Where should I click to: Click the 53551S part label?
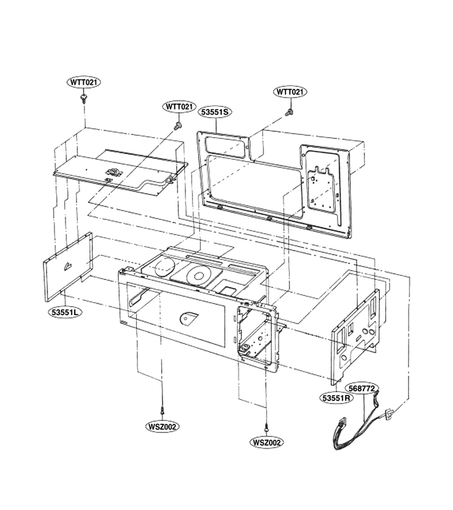tap(215, 112)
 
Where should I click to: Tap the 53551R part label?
tap(336, 397)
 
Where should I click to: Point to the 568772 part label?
tap(362, 388)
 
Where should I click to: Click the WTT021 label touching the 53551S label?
tap(180, 107)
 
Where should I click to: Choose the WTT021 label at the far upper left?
tap(84, 82)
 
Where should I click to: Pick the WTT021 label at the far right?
tap(290, 92)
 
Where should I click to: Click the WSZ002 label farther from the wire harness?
tap(162, 426)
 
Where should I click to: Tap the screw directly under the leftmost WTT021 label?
tap(84, 98)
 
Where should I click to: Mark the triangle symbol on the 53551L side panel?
tap(68, 266)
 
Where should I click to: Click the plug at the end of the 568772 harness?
tap(389, 414)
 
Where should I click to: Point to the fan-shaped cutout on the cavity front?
tap(188, 318)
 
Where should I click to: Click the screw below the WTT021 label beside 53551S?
tap(178, 126)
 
